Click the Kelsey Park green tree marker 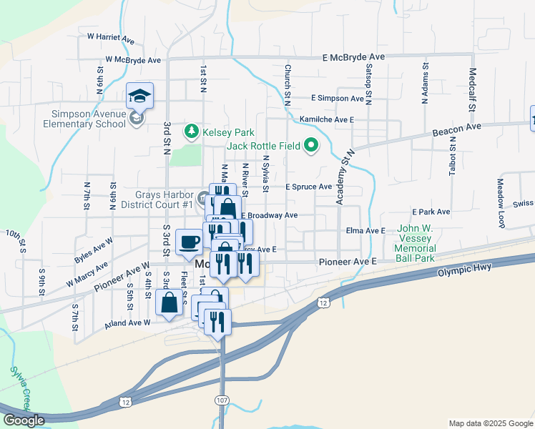pos(191,132)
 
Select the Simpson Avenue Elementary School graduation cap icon pos(139,95)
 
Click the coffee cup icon pos(190,241)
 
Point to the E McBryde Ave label pos(353,56)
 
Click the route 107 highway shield pos(222,398)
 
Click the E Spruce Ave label pos(308,187)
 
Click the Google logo pos(24,420)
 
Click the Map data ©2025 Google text pos(490,423)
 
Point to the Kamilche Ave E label pos(327,119)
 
